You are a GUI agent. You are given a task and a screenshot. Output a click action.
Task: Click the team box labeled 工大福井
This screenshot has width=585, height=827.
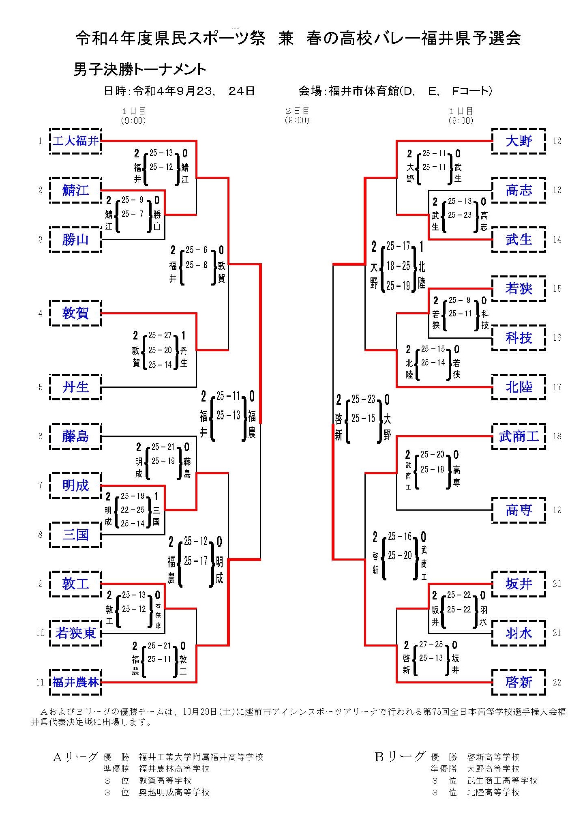(75, 141)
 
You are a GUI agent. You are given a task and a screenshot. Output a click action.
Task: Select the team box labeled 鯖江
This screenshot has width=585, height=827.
(75, 190)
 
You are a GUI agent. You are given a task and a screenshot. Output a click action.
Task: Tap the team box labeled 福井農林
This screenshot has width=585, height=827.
(75, 682)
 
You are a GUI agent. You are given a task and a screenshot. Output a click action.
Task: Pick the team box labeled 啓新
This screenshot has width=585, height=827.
(519, 682)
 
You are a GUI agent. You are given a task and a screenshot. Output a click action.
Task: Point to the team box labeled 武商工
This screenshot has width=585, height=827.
(519, 436)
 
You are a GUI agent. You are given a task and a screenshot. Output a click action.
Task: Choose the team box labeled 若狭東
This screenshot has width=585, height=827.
(75, 633)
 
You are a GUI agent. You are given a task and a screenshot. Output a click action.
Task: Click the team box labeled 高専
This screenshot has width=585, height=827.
(519, 510)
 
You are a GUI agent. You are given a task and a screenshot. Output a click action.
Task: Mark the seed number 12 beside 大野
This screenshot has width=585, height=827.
(557, 141)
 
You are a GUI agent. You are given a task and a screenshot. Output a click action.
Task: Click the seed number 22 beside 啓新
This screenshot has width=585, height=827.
(557, 682)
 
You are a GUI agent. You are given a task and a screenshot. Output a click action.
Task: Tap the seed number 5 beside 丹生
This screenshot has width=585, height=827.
(40, 387)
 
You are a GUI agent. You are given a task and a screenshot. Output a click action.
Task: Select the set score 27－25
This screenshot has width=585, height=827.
(431, 644)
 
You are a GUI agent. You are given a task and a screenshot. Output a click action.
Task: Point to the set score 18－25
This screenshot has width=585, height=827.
(398, 266)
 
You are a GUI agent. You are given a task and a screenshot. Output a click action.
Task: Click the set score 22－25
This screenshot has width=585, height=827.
(133, 510)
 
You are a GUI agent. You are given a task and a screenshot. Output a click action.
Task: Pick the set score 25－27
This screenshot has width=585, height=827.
(160, 335)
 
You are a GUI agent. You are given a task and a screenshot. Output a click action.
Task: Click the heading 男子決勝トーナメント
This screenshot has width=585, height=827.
(140, 69)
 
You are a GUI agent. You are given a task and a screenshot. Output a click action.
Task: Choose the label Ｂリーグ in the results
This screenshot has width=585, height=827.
(399, 757)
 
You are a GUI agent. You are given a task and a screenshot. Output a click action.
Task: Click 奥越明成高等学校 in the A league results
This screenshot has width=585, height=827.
(174, 792)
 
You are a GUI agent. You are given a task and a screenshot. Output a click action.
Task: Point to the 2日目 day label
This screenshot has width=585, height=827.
(297, 111)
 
